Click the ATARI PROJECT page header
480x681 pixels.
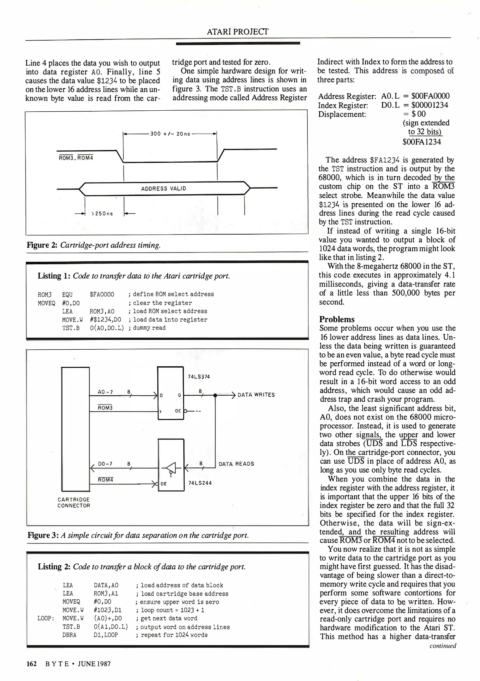[237, 32]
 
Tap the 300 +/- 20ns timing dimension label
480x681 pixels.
[170, 134]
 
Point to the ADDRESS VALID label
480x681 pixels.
[163, 189]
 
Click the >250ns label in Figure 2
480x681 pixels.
[102, 214]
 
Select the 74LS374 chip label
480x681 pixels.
[199, 376]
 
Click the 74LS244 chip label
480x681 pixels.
[200, 483]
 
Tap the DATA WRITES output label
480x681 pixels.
[256, 395]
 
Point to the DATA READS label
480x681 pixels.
[236, 464]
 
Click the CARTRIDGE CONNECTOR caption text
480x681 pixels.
[74, 503]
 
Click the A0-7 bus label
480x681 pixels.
[105, 392]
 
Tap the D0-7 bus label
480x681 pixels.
[105, 464]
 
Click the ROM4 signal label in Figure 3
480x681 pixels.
[105, 480]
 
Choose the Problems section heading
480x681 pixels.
[337, 319]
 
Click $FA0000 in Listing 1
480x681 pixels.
[102, 294]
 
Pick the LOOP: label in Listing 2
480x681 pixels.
[46, 618]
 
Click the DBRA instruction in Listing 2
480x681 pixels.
[69, 635]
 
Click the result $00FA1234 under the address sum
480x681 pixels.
[422, 142]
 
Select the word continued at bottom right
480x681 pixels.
[443, 646]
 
